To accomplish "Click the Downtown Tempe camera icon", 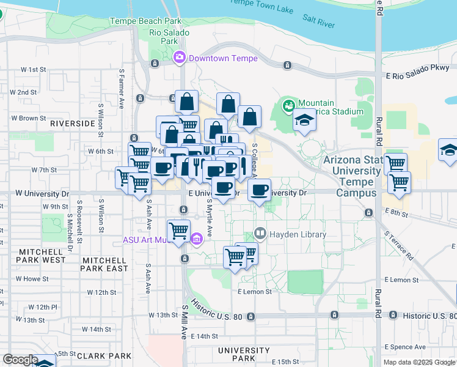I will click(x=179, y=58).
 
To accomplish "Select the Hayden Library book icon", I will click(x=260, y=234).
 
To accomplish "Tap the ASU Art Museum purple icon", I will click(x=197, y=239).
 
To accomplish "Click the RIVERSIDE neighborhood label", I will click(x=73, y=123).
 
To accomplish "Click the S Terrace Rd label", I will click(x=398, y=245).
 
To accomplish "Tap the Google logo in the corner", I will click(x=20, y=360).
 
